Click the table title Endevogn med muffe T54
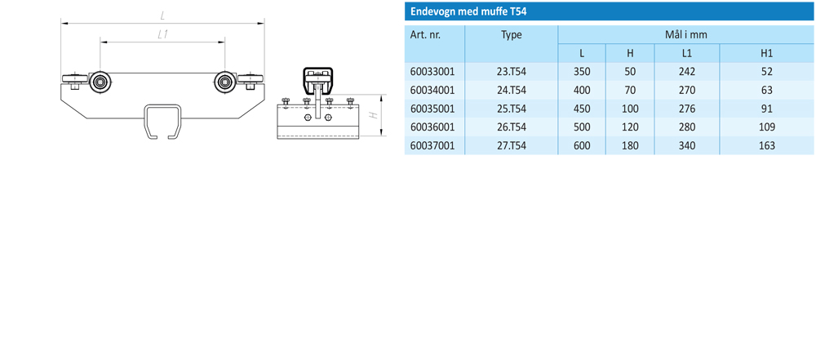467,11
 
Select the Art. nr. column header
425,35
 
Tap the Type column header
511,35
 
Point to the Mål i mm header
686,35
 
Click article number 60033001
432,72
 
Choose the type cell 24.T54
511,90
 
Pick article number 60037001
432,146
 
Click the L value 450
581,109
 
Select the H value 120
630,127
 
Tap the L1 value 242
687,72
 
